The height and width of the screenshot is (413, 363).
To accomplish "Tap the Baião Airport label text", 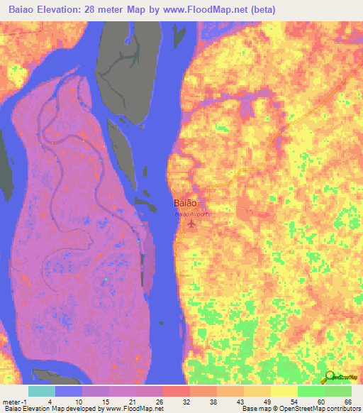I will pos(192,213).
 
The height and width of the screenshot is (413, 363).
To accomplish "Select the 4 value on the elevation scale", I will pos(41,401).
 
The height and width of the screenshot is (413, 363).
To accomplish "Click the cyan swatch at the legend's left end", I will pos(41,391).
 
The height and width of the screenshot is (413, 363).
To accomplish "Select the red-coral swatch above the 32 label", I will pos(176,391).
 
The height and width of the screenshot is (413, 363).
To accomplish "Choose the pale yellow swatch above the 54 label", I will pos(284,391).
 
